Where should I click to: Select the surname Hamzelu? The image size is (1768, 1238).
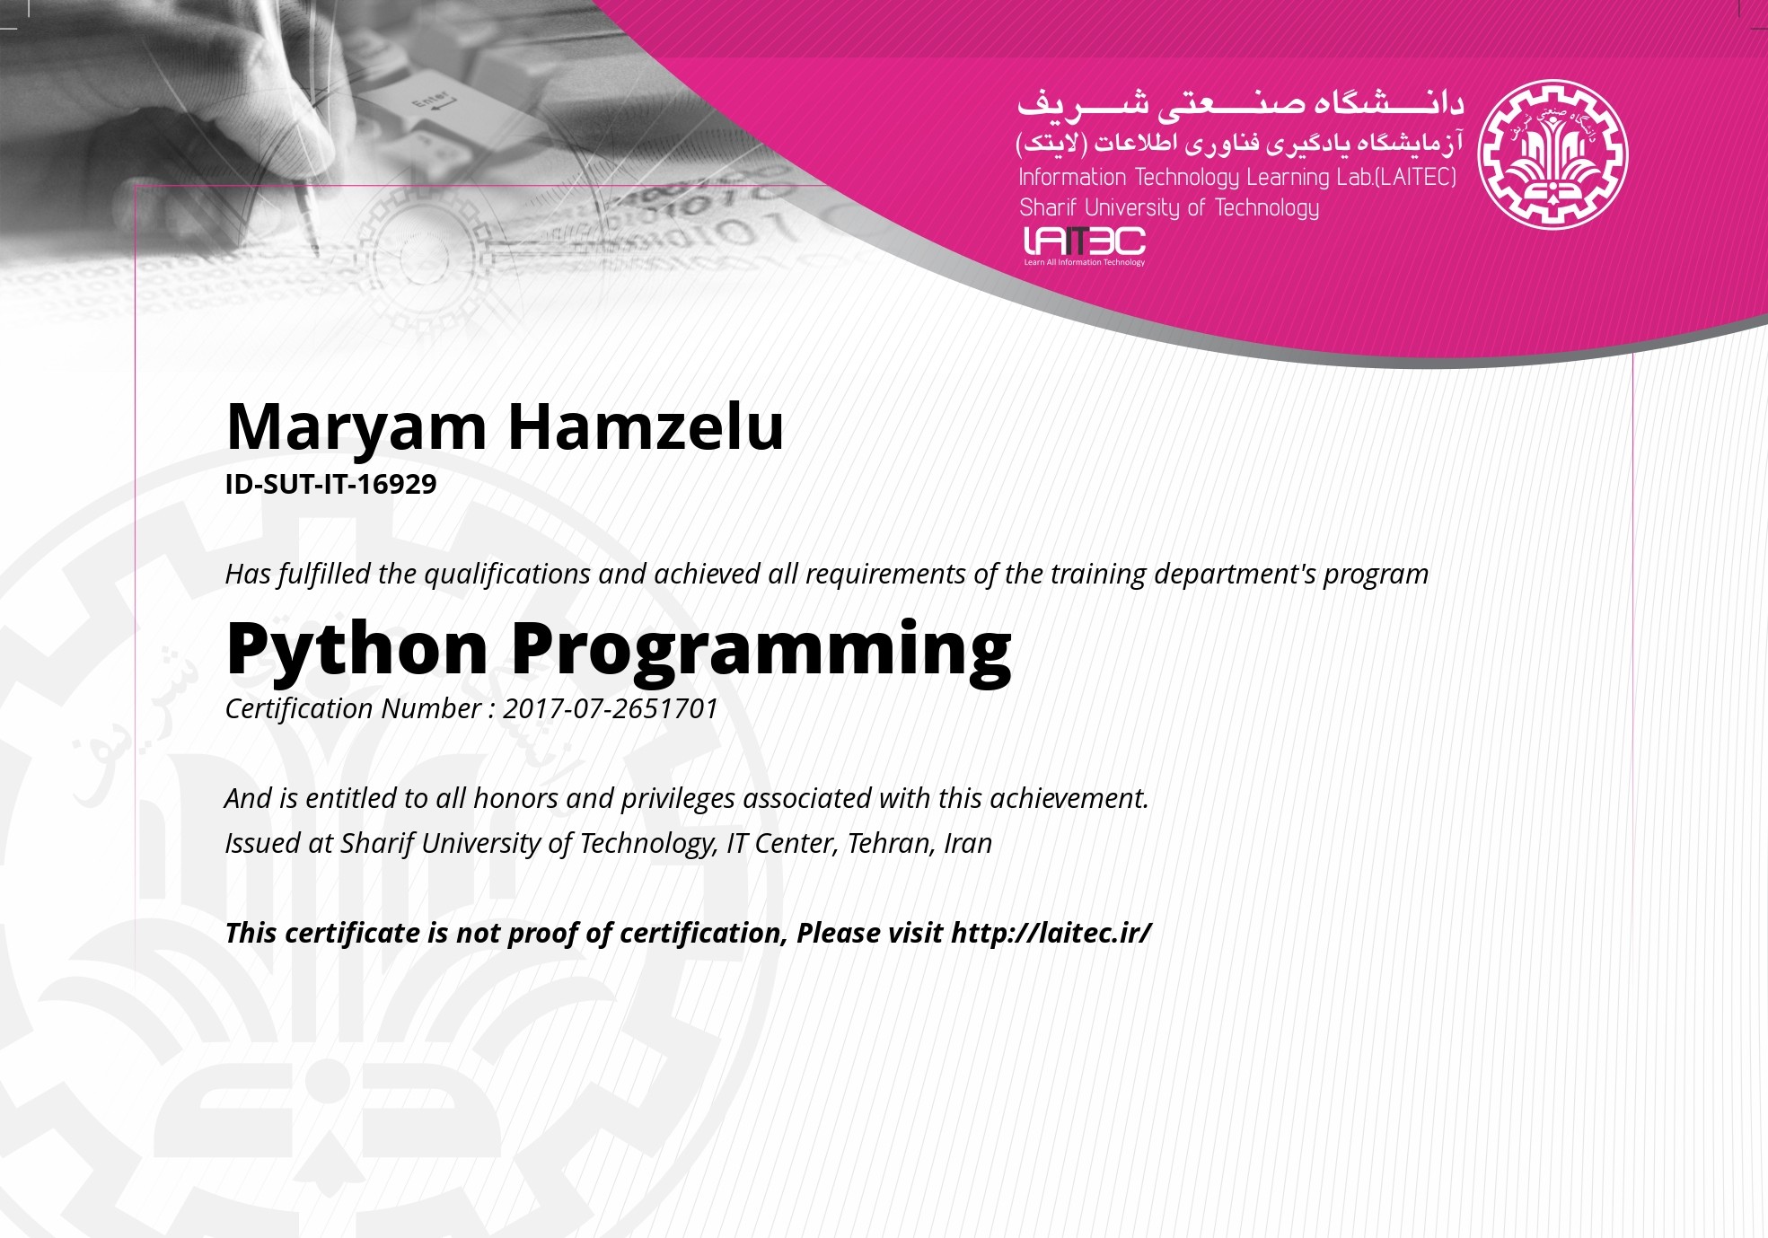[x=647, y=426]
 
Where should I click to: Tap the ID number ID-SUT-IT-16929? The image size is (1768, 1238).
[x=330, y=484]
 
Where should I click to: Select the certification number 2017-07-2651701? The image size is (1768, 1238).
[x=611, y=708]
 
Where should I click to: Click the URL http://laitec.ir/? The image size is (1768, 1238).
[x=1051, y=933]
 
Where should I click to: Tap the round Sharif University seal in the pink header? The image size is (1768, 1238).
[x=1552, y=154]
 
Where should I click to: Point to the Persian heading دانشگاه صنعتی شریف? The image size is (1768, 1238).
[x=1240, y=105]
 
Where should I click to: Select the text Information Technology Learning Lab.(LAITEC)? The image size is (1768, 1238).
[x=1237, y=178]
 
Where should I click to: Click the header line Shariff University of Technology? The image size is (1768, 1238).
[x=1169, y=208]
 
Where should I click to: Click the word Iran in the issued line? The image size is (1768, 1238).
[x=968, y=843]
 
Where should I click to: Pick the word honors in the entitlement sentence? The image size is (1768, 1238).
[x=515, y=798]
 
